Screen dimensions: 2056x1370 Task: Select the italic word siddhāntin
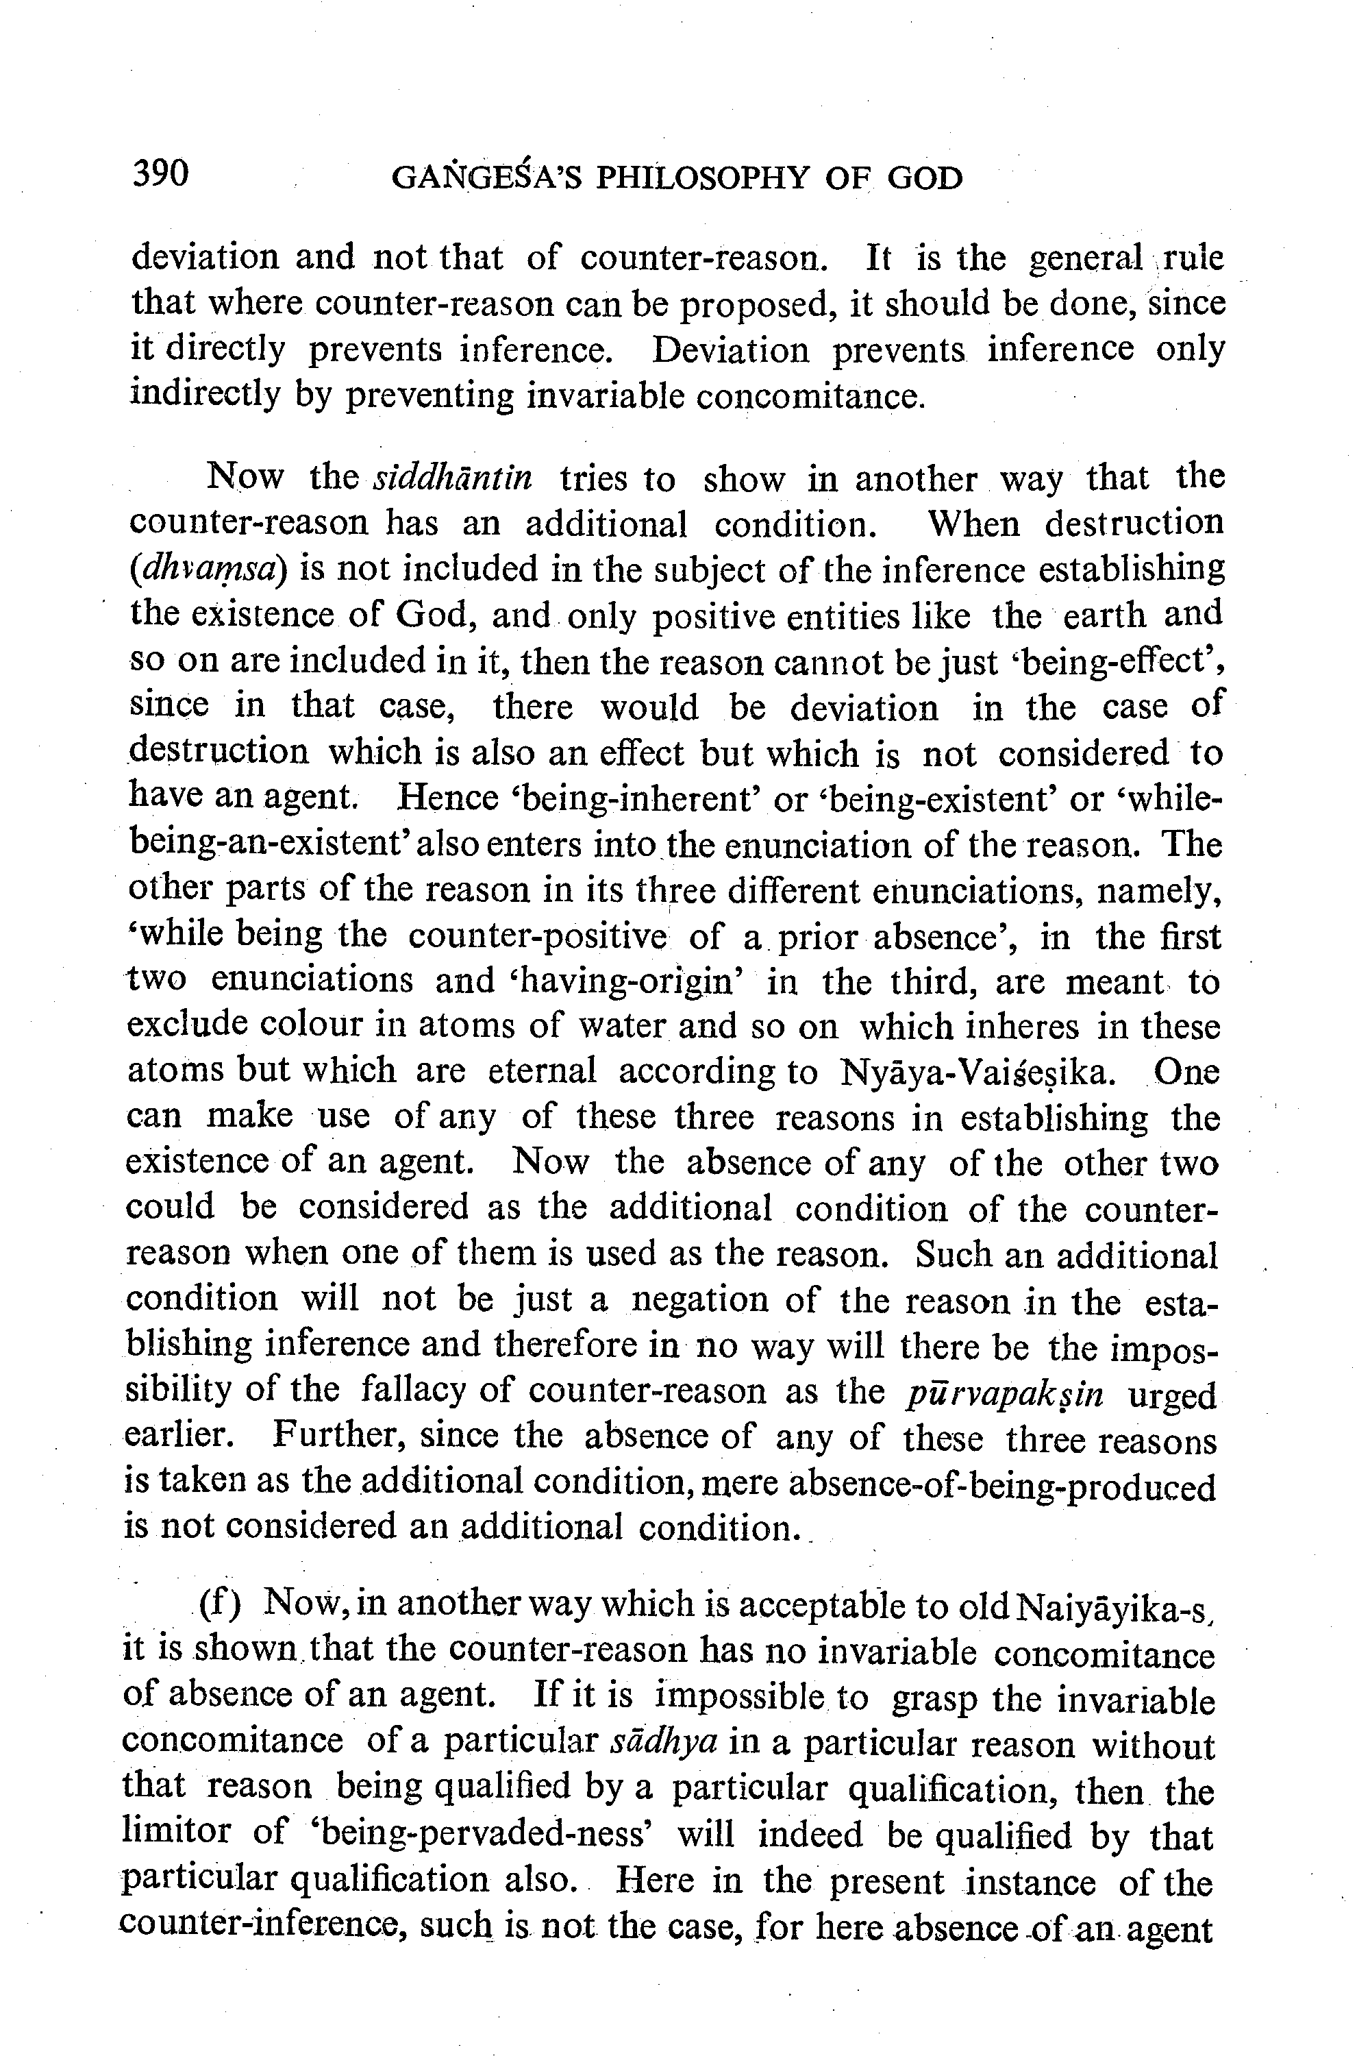[x=453, y=479]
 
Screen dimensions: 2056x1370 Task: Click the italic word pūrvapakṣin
[x=1006, y=1393]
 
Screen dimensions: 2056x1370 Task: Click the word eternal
[x=542, y=1070]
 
